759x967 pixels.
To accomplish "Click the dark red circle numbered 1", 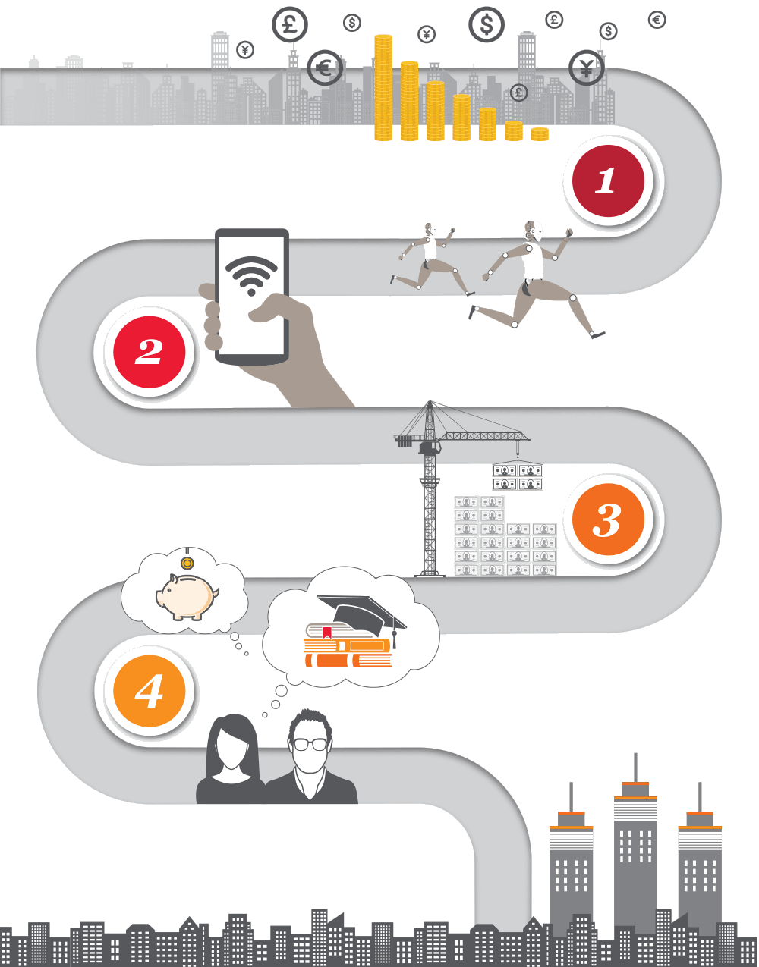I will pos(604,181).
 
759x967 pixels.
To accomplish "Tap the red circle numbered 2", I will pos(150,352).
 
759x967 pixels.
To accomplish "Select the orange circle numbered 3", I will pos(607,520).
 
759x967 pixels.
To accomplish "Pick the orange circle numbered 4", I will pos(150,690).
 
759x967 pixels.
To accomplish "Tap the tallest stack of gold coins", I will pos(383,87).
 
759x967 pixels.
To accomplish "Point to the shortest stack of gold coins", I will pos(540,134).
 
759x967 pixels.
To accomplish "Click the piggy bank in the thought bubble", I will pos(186,596).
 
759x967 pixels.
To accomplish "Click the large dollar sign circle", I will pos(487,25).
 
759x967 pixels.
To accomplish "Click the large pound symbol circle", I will pos(290,25).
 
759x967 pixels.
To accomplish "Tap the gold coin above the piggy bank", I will pos(187,563).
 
